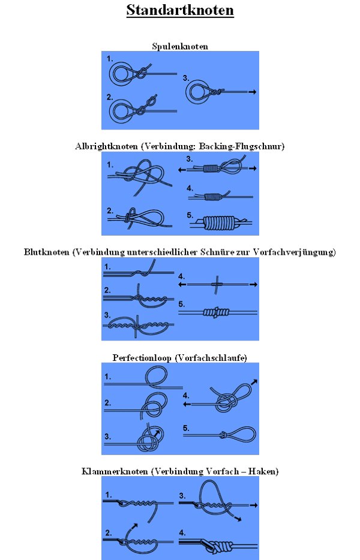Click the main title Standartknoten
point(180,10)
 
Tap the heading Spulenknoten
point(180,46)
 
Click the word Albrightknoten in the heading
point(106,146)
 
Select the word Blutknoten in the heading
point(46,252)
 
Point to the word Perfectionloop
point(142,357)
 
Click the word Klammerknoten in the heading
point(115,471)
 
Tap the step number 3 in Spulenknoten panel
point(185,78)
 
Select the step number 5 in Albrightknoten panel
point(190,215)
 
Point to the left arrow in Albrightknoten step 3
point(182,170)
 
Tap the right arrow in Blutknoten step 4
point(253,284)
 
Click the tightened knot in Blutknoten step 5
point(216,312)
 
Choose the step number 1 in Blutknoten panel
point(107,267)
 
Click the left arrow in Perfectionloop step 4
point(187,404)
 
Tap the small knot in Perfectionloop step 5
point(223,435)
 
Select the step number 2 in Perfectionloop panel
point(107,403)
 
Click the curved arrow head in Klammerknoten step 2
point(135,525)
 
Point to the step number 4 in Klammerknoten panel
point(182,533)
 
